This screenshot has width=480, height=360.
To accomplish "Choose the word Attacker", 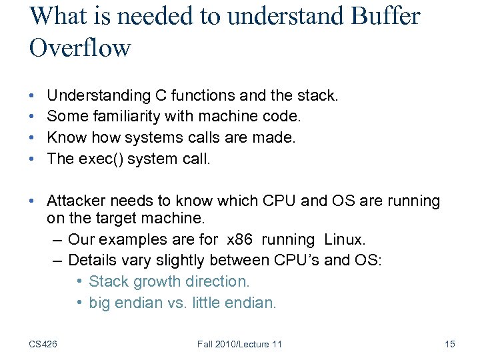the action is pos(75,201).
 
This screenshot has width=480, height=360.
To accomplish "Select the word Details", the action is pos(91,259).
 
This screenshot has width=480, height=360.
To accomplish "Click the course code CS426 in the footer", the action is pos(43,344).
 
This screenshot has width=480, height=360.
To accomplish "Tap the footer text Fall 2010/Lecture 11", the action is pos(240,344).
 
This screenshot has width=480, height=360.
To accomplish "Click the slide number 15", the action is pos(449,344).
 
